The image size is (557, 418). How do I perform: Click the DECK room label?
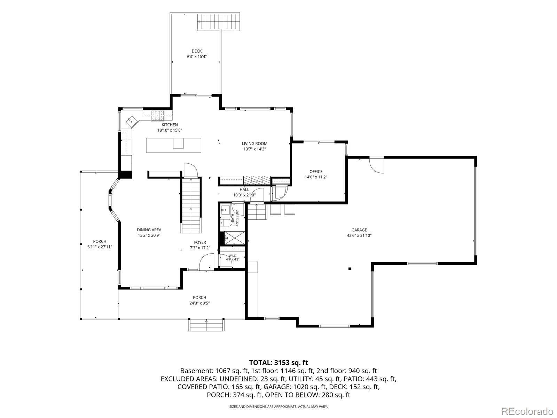(x=196, y=51)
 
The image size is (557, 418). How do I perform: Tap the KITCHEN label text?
(x=170, y=125)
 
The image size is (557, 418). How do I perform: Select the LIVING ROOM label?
(x=254, y=144)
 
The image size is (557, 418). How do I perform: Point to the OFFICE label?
(x=316, y=172)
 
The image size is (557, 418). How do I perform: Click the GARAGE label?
(x=359, y=230)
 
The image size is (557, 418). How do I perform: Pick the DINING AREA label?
(x=149, y=230)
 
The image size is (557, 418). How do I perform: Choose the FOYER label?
(x=200, y=242)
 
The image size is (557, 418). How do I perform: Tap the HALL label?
(x=244, y=189)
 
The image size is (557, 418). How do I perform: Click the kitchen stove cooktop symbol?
(x=158, y=116)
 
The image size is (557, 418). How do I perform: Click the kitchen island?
(x=174, y=145)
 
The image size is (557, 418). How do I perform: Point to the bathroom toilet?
(x=227, y=223)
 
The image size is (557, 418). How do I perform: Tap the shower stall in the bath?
(x=235, y=238)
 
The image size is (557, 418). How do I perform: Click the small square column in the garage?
(x=350, y=269)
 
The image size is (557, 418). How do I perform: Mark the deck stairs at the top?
(x=219, y=22)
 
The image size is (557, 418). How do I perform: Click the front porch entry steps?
(x=206, y=325)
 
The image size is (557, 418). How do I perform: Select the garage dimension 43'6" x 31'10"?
(x=359, y=235)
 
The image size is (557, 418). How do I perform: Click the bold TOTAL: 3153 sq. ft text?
(x=278, y=362)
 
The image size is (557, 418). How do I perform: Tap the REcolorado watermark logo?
(x=527, y=411)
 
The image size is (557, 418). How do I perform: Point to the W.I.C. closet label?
(x=233, y=256)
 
